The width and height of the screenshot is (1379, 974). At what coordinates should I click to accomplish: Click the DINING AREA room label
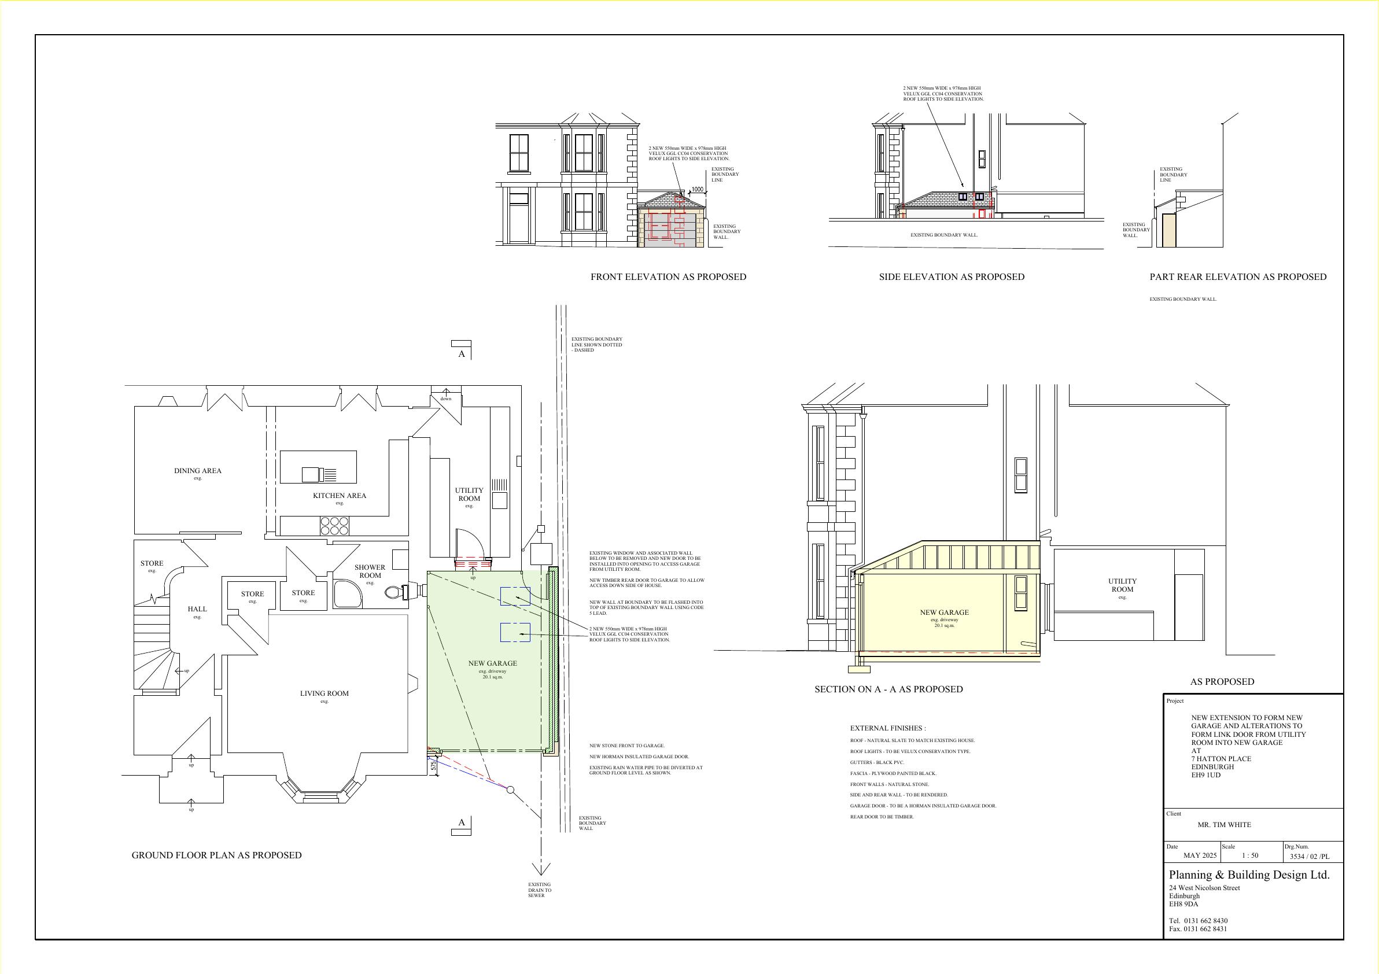click(x=198, y=471)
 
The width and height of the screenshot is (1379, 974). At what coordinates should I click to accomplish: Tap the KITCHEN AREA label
click(x=340, y=496)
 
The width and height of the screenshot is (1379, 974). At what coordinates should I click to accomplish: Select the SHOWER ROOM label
click(x=370, y=571)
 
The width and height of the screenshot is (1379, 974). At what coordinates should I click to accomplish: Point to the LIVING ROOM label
click(x=325, y=693)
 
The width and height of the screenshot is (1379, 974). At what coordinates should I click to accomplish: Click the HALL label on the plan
click(x=197, y=609)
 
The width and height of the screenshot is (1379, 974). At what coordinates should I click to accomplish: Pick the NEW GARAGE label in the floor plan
click(x=492, y=663)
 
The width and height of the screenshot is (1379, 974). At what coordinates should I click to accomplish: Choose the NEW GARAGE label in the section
click(x=944, y=613)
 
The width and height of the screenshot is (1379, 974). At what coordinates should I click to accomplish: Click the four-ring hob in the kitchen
click(x=334, y=526)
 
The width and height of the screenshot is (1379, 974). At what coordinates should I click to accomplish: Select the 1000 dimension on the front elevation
click(x=696, y=190)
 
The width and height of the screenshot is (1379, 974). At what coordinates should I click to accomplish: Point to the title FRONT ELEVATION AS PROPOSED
click(x=669, y=277)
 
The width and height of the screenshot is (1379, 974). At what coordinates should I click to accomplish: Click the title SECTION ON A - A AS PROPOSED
click(x=888, y=689)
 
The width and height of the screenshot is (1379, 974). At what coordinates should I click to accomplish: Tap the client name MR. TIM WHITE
click(x=1224, y=824)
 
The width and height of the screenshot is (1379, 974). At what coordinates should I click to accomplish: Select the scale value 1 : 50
click(x=1250, y=855)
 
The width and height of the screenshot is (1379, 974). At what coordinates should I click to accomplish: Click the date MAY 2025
click(x=1200, y=855)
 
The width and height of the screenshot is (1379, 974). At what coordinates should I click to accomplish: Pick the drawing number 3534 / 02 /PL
click(x=1310, y=857)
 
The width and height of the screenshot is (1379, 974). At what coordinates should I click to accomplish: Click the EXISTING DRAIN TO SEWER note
click(x=539, y=890)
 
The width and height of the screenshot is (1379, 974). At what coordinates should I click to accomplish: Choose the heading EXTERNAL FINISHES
click(x=888, y=728)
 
